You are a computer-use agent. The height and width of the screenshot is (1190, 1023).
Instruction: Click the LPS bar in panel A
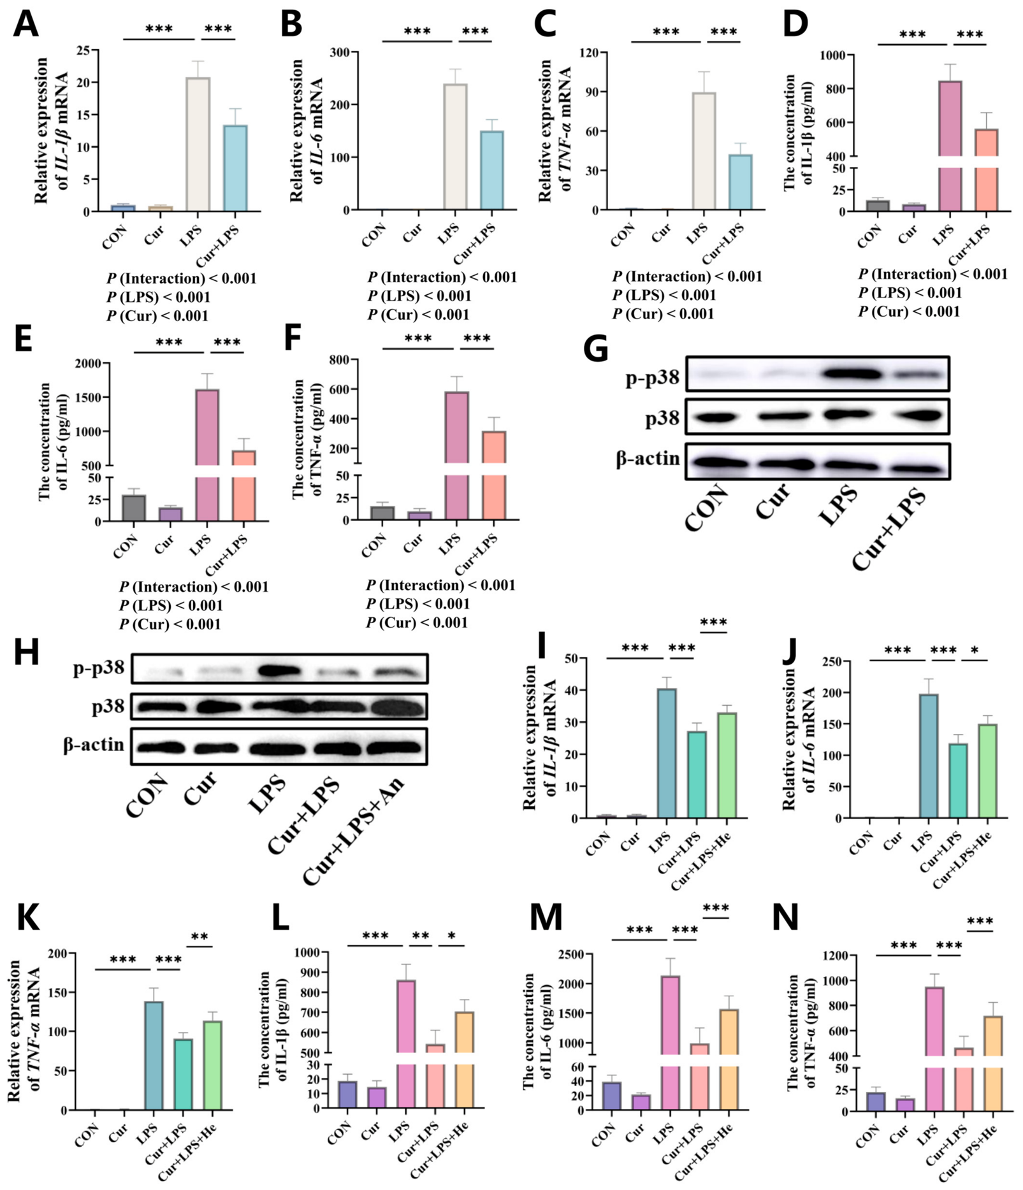coord(198,144)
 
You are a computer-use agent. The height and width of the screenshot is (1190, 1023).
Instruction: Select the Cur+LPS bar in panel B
coord(492,170)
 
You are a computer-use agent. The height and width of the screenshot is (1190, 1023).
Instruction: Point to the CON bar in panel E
coord(134,508)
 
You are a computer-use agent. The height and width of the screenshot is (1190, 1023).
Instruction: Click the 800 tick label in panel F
coord(340,360)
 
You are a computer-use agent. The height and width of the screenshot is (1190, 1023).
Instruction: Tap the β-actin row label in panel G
coord(648,459)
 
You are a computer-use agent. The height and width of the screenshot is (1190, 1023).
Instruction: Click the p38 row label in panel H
coord(108,706)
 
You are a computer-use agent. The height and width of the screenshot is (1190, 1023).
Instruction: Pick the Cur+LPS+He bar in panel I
coord(727,765)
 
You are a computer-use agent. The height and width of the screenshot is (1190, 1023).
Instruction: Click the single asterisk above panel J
coord(975,650)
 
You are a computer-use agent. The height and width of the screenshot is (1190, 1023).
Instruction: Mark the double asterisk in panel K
coord(200,937)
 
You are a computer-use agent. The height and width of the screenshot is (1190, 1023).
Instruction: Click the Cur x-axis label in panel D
coord(907,234)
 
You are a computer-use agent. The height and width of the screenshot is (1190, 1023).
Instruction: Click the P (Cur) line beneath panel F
coord(417,622)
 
